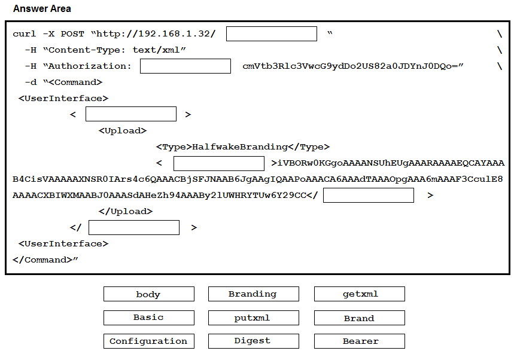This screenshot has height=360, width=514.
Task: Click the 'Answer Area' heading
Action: pyautogui.click(x=42, y=8)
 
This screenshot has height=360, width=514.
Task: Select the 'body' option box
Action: pyautogui.click(x=149, y=294)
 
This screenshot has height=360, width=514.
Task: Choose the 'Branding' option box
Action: pyautogui.click(x=253, y=294)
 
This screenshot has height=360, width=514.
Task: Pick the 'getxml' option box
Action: pyautogui.click(x=359, y=294)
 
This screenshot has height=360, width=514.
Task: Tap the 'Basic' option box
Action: pyautogui.click(x=149, y=318)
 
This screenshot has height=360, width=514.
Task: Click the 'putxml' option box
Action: pyautogui.click(x=253, y=318)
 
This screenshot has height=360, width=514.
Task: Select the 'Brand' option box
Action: pyautogui.click(x=359, y=318)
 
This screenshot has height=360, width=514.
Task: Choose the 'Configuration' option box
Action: pyautogui.click(x=149, y=341)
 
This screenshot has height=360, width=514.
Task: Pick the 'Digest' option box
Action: pyautogui.click(x=253, y=341)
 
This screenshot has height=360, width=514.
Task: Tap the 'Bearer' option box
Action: pyautogui.click(x=359, y=341)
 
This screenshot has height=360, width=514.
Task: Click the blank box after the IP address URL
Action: pyautogui.click(x=272, y=33)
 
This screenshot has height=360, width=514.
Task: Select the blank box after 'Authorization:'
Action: pyautogui.click(x=185, y=66)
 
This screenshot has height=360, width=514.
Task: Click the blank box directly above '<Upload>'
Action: pyautogui.click(x=131, y=114)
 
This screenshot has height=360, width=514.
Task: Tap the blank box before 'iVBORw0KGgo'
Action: pyautogui.click(x=218, y=163)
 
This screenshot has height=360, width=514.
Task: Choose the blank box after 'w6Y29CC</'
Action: pyautogui.click(x=369, y=195)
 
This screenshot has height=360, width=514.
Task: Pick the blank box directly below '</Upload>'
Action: pyautogui.click(x=134, y=228)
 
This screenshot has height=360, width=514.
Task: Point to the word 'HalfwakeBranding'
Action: pyautogui.click(x=239, y=147)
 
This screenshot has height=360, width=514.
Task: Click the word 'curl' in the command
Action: pyautogui.click(x=25, y=33)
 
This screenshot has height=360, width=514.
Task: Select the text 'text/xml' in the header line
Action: pyautogui.click(x=156, y=50)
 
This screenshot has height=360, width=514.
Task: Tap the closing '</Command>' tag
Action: pyautogui.click(x=42, y=260)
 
